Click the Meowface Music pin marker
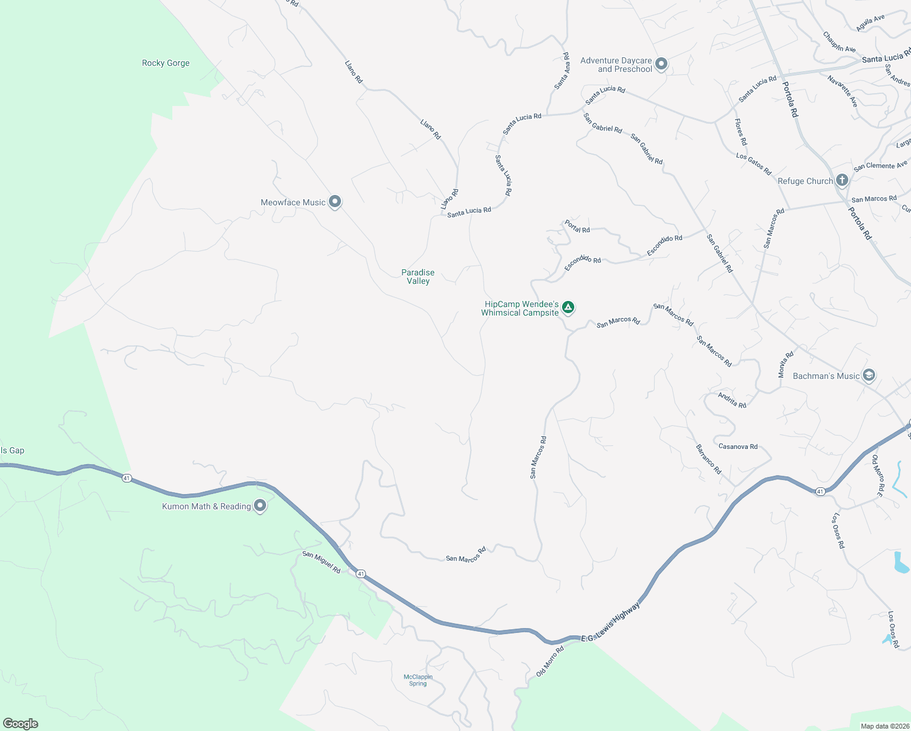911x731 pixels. [x=334, y=202]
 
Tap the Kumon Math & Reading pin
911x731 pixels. [x=260, y=506]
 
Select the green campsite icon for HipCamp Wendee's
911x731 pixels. [x=568, y=308]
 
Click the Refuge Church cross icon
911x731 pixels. [x=842, y=180]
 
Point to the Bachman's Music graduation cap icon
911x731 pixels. [x=869, y=375]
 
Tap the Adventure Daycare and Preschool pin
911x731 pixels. [x=662, y=64]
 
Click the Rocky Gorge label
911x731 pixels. [x=166, y=63]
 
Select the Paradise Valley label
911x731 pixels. [x=418, y=277]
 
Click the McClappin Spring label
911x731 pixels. [x=418, y=680]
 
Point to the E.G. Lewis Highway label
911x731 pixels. [x=611, y=621]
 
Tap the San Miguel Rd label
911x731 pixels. [x=322, y=562]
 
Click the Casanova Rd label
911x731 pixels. [x=738, y=447]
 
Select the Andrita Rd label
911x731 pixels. [x=732, y=400]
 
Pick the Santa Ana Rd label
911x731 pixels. [x=562, y=71]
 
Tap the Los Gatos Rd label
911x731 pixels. [x=754, y=164]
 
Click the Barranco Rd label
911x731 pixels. [x=708, y=459]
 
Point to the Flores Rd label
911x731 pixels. [x=740, y=132]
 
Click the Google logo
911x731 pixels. [x=21, y=724]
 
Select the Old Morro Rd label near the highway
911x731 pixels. [x=550, y=661]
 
